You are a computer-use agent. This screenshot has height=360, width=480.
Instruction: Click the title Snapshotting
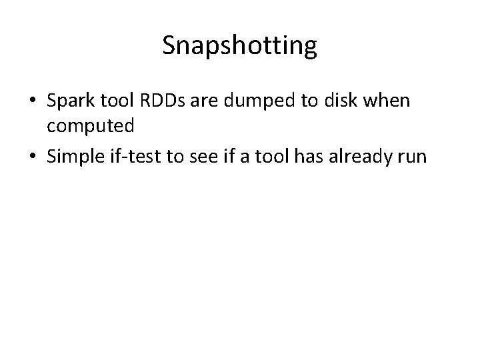[239, 46]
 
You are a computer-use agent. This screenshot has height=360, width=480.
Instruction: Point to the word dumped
[250, 101]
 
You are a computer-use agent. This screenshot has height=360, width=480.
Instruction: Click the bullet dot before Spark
[33, 101]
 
